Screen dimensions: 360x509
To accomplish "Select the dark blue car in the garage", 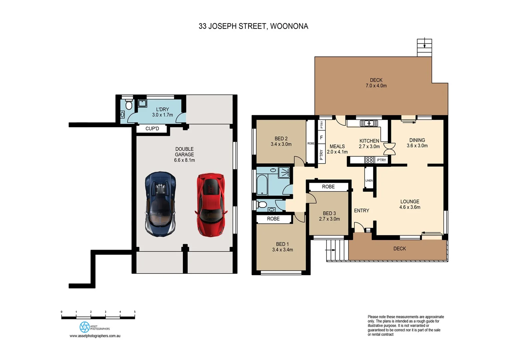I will [x=160, y=204].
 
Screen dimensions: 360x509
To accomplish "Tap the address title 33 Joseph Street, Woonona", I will [x=253, y=26].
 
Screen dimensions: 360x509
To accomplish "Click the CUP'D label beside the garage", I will [x=152, y=129].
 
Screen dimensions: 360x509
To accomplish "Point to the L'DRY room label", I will [x=163, y=109].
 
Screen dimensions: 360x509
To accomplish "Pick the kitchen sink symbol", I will [x=369, y=123].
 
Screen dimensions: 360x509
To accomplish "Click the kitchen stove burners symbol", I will [x=369, y=160].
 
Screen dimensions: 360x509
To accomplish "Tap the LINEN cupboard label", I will [x=369, y=180].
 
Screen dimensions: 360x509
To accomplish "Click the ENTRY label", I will [x=361, y=211].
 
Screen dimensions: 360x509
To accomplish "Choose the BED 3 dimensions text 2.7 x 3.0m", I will [x=329, y=219].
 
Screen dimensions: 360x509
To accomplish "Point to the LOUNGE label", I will [x=410, y=202].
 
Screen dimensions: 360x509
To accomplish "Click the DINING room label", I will [x=417, y=140].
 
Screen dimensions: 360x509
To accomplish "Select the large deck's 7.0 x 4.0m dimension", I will [x=376, y=86].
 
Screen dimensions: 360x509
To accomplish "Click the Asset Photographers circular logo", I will [x=85, y=327].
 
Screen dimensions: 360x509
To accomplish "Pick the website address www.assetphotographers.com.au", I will [x=95, y=336].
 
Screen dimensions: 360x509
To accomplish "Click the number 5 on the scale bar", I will [x=135, y=312].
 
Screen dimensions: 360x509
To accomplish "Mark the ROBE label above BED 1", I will [x=273, y=219].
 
